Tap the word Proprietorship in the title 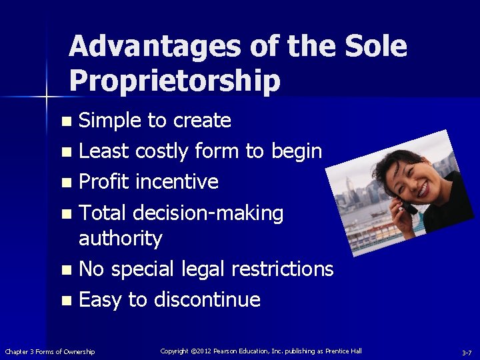click(175, 81)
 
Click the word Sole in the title click(376, 47)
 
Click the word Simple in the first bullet click(111, 121)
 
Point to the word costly click(162, 152)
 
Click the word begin click(296, 152)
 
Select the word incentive click(177, 182)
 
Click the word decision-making click(208, 213)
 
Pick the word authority click(120, 238)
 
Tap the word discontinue click(207, 299)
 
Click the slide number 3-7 click(467, 352)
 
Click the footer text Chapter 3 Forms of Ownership click(50, 351)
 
